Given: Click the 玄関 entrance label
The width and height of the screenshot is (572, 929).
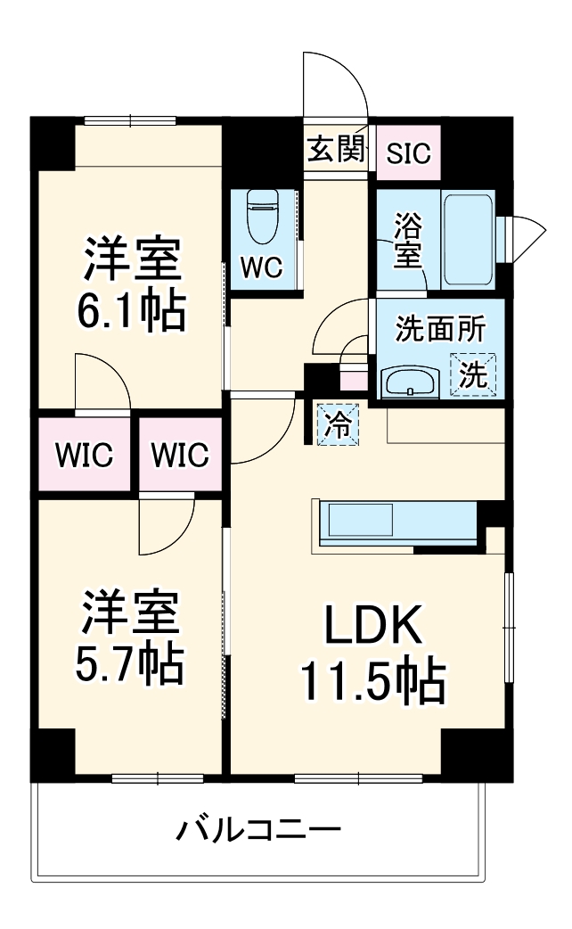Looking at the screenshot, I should [x=337, y=150].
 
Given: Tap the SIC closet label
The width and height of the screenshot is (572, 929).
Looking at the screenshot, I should [x=408, y=152].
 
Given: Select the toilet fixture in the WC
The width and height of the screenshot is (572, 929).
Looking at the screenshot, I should [x=263, y=218].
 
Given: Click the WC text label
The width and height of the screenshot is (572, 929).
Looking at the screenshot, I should [x=260, y=267].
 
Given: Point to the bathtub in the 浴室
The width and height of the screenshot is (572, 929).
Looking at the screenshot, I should [x=469, y=238].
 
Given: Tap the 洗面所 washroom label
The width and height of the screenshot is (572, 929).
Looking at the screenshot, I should [x=440, y=330].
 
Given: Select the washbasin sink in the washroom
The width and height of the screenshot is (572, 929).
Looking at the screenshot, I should [x=410, y=382].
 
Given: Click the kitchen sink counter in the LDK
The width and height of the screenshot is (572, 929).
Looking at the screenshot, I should [x=360, y=521].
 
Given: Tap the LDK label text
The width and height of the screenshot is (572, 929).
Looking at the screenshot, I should [x=372, y=629].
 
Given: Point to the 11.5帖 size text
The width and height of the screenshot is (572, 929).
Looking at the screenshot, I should [x=372, y=682].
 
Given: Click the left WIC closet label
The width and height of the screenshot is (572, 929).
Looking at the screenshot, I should [x=84, y=456].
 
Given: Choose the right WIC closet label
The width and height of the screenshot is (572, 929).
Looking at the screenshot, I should [x=179, y=456].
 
